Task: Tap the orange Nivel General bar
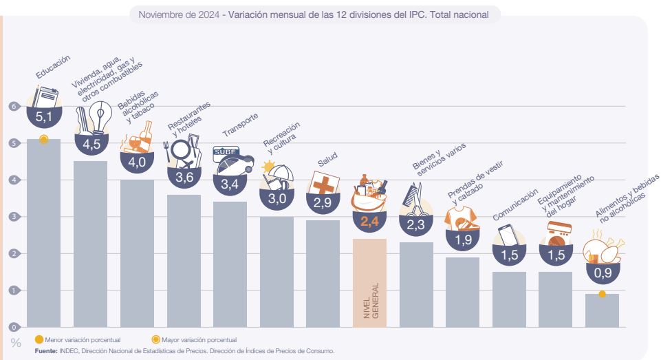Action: (x=370, y=282)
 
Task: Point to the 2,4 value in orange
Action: (x=370, y=222)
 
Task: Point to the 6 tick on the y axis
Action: (x=12, y=107)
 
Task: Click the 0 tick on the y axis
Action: (x=12, y=327)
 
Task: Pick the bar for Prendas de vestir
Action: (x=462, y=292)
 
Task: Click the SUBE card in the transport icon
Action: (x=225, y=151)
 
